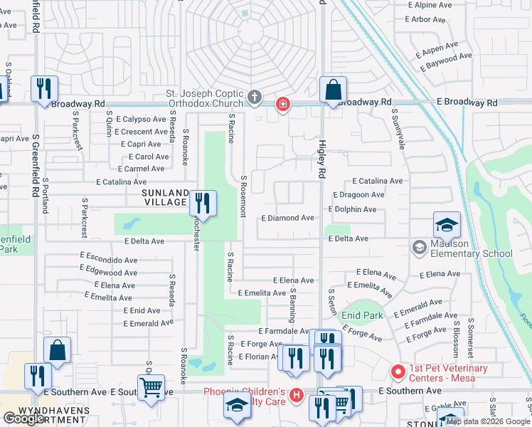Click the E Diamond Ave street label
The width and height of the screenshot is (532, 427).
287,218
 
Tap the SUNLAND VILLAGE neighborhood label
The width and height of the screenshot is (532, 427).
164,198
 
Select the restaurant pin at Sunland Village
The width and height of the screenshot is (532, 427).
203,204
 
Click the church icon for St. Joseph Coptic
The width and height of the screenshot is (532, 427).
255,97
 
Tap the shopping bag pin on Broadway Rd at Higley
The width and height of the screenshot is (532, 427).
333,90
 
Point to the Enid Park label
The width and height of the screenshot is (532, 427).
362,315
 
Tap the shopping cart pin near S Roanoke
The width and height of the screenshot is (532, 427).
151,389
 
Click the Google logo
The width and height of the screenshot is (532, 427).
24,418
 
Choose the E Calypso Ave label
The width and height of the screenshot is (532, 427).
141,119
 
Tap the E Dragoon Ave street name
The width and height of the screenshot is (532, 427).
358,194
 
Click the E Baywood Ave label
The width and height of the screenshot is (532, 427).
446,61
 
